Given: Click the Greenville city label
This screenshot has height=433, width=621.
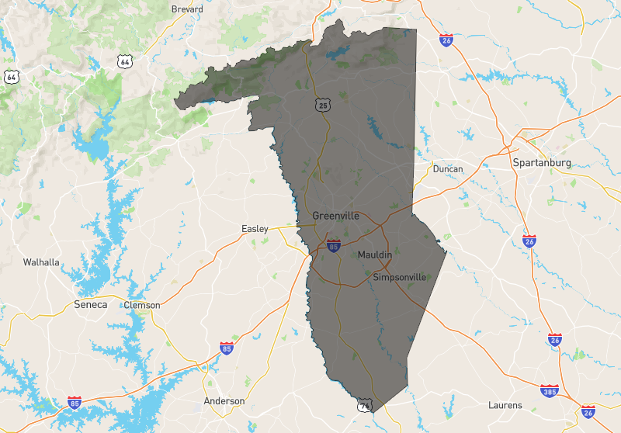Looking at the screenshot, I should [335, 216].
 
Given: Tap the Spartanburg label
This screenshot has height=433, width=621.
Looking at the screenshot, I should [542, 163].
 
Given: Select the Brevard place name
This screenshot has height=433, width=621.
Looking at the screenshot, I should [186, 9].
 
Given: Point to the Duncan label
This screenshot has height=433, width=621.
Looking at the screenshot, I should [447, 169].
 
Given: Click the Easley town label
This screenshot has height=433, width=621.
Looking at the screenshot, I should [255, 229].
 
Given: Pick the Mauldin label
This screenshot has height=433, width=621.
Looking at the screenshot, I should [374, 255].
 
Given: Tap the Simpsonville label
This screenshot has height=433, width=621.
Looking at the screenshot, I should [400, 277].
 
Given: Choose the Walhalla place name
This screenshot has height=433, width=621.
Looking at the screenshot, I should [41, 262].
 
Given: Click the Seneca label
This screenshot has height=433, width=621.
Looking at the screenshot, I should [90, 304].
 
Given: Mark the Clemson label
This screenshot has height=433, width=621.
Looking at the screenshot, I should [142, 305].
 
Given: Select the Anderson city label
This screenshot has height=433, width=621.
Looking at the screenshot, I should [224, 401].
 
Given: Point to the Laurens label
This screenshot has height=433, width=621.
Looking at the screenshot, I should [505, 406].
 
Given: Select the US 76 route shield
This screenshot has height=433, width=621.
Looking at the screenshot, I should [364, 405].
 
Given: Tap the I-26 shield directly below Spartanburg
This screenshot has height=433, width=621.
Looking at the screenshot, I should [529, 241].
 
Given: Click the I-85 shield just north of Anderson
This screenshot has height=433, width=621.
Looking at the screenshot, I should [226, 347].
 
